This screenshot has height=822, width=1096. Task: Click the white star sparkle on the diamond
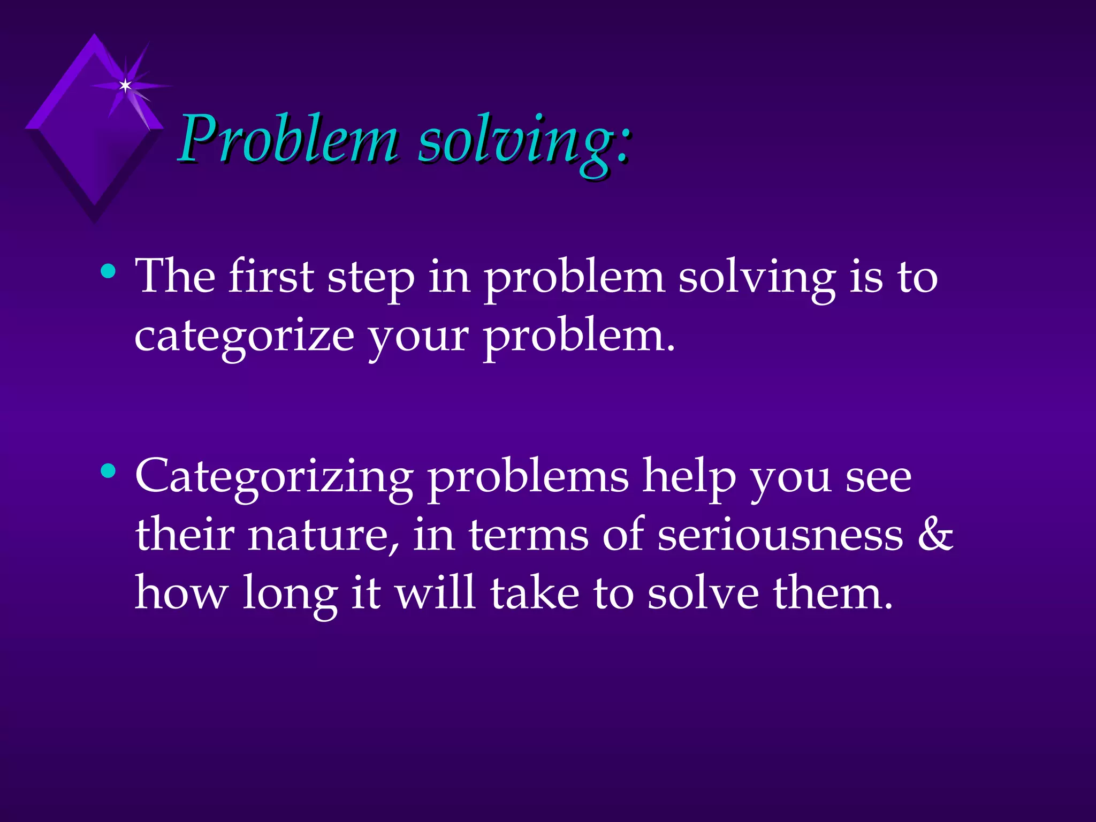(125, 86)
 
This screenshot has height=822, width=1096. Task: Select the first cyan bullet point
(109, 271)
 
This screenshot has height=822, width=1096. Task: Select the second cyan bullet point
(109, 471)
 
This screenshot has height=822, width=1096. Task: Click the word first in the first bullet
(271, 276)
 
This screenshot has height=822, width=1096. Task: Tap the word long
(290, 595)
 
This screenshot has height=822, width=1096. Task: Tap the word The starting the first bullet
(175, 276)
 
